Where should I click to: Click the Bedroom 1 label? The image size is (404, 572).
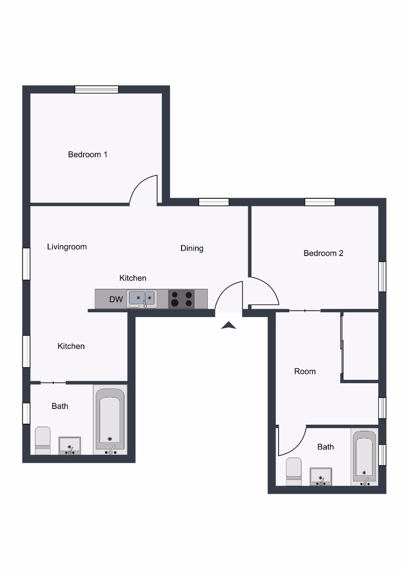88,154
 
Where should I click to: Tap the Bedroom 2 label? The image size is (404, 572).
323,253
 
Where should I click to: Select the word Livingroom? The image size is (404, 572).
67,247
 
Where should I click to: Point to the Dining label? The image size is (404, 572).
192,248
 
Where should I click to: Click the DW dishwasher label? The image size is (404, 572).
116,299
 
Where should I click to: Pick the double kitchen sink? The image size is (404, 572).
141,299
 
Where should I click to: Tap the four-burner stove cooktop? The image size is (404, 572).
182,299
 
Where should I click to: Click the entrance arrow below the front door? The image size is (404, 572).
229,326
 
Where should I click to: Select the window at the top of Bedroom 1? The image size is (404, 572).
97,89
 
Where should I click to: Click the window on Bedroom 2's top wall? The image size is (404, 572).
320,202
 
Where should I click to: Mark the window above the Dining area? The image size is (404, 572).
213,202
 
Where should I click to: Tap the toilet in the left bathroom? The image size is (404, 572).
43,440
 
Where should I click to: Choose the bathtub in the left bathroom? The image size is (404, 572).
111,420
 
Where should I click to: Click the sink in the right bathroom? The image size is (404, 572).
321,476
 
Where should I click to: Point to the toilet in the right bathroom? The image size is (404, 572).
293,471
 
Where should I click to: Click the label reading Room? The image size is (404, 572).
305,371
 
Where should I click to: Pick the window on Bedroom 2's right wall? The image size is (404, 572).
382,276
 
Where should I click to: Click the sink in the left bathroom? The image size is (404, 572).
70,445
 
